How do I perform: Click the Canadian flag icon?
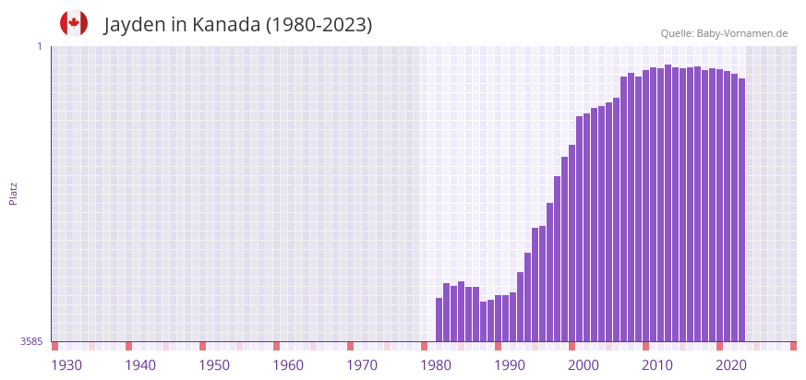pos(74,23)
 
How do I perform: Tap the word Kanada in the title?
pos(226,25)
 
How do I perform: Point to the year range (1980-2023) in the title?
pos(319,25)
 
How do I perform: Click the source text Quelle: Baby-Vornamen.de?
pos(724,33)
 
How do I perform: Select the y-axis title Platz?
pos(13,193)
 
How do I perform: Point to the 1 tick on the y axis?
pos(39,46)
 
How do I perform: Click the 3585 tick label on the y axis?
pos(31,341)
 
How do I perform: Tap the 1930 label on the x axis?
pos(66,365)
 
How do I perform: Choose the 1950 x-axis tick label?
pos(214,365)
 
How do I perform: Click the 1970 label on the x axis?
pos(362,365)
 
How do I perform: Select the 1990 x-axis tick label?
pos(510,365)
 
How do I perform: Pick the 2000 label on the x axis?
pos(583,365)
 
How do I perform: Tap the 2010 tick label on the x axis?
pos(657,365)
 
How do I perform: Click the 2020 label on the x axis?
pos(731,365)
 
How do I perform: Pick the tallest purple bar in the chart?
pos(668,203)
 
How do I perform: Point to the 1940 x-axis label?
pos(140,365)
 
